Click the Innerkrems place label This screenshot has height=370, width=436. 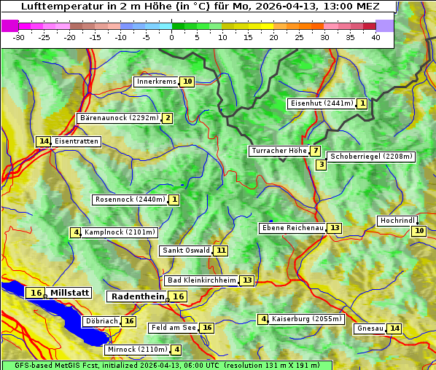tap(156, 82)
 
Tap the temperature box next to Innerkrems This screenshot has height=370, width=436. tap(188, 82)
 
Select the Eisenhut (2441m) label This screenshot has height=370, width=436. tap(321, 103)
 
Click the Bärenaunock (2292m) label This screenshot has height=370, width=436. tap(118, 118)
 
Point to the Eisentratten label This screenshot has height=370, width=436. tap(76, 141)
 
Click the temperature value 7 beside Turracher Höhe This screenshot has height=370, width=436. tap(315, 151)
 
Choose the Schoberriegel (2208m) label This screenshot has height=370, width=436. tap(371, 157)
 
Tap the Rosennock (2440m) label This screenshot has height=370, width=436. tap(131, 200)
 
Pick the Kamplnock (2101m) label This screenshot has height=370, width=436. tap(120, 232)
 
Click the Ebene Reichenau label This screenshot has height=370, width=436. tap(292, 228)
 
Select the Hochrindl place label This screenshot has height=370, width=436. tap(397, 221)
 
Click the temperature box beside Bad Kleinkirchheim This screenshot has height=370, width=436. tap(247, 280)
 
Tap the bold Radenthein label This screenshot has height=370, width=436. tap(138, 296)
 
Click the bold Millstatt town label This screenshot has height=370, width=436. tap(69, 293)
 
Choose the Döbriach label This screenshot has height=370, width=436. tap(101, 321)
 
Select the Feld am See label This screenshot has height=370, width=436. tap(174, 328)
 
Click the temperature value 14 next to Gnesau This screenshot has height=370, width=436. tap(394, 328)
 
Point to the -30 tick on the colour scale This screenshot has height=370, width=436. tap(20, 37)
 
